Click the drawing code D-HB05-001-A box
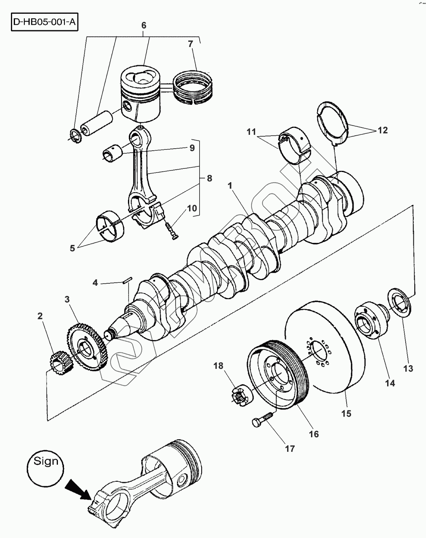tap(45, 22)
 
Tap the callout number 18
tap(218, 366)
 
